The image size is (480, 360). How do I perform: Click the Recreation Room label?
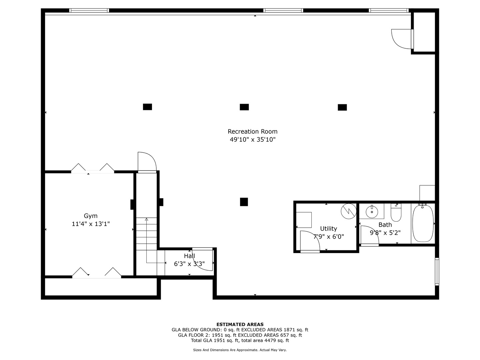pos(252,131)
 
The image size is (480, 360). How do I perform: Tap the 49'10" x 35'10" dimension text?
pos(252,140)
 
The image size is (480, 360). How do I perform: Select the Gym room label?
pos(91,216)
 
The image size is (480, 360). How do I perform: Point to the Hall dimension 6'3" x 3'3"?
pos(189,264)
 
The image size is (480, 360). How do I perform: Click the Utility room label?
pos(328,228)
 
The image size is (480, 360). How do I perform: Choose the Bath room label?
pos(385,225)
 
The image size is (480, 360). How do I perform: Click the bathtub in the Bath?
pos(423,223)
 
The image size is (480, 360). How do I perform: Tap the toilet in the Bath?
pos(396,213)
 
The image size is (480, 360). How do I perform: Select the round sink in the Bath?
pos(372,211)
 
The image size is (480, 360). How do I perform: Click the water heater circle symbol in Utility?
pos(348,211)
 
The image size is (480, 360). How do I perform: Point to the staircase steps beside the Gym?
pos(146,233)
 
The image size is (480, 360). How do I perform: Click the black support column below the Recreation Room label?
pos(244,202)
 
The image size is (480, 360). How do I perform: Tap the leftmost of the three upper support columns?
pos(147,107)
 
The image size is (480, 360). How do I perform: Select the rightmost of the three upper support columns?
pos(342,107)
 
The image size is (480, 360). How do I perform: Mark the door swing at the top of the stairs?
pos(147,162)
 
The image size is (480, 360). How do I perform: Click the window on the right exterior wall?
pos(437,271)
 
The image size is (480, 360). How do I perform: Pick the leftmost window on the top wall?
pos(89,11)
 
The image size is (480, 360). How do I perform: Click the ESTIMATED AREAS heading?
pos(240,324)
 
